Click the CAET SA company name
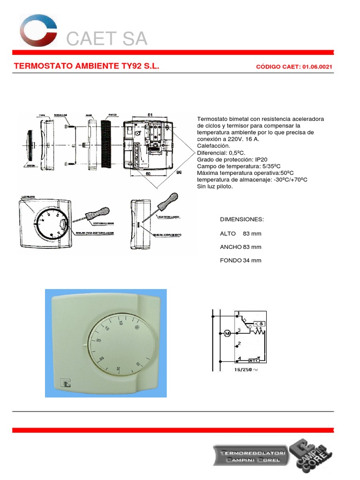(x=107, y=39)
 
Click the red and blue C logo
(x=38, y=31)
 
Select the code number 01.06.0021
(x=317, y=67)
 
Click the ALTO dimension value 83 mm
(x=252, y=233)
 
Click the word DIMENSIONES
(x=242, y=220)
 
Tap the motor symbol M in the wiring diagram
(x=227, y=334)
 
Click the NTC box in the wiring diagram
(x=254, y=360)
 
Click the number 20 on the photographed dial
(x=98, y=341)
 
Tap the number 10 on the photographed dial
(x=120, y=323)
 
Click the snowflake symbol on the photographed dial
(x=137, y=327)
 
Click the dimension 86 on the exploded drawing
(x=178, y=172)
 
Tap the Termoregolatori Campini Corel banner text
(x=251, y=455)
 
